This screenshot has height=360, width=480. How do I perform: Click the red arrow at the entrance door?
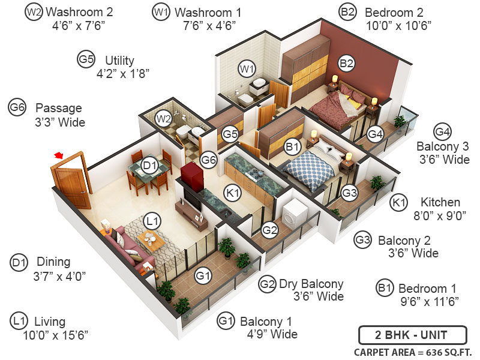pos(58,155)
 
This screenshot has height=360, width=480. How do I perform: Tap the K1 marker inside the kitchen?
pos(233,193)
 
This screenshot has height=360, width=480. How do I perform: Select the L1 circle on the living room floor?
pos(154,221)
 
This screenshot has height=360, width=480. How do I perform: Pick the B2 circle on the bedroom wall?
pos(346,62)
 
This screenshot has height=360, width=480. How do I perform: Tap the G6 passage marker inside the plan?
pos(208,160)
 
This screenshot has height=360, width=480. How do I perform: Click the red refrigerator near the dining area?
pos(193,174)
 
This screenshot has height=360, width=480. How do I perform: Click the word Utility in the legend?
pos(119,61)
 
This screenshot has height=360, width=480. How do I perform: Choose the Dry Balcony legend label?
pos(311,284)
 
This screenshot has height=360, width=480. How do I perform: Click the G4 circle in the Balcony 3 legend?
pos(443,132)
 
